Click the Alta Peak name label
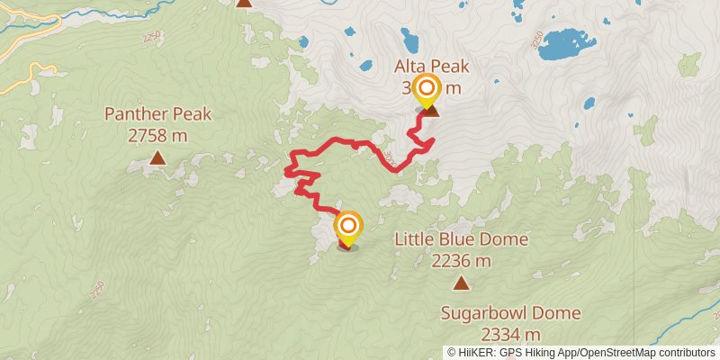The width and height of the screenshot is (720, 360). [x=432, y=67]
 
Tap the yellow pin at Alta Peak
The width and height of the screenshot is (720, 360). [x=426, y=89]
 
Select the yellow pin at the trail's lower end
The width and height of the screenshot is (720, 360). [x=348, y=225]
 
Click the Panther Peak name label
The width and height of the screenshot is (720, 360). [x=157, y=114]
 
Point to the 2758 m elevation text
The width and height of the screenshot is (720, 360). [x=157, y=136]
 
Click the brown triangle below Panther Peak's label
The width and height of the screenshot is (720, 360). [x=157, y=159]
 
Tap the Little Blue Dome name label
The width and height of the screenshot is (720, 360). [x=462, y=240]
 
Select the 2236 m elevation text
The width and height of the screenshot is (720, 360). [x=462, y=262]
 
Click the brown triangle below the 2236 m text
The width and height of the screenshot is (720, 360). [x=462, y=284]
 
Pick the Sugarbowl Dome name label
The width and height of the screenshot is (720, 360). [x=510, y=314]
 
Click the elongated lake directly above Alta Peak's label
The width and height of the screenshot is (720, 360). [x=410, y=40]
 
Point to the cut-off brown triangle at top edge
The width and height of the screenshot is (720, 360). [x=244, y=3]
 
